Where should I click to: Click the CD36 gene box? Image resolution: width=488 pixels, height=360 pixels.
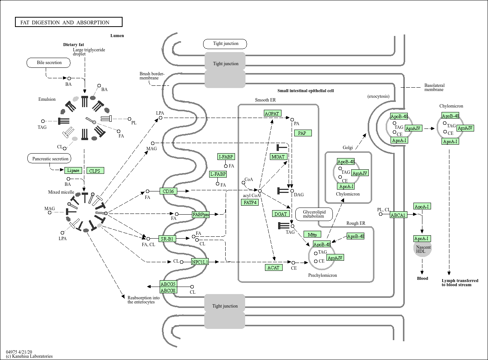pos(168,191)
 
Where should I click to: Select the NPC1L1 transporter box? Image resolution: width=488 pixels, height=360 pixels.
pos(200,262)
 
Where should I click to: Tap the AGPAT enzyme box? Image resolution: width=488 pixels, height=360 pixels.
pos(272,114)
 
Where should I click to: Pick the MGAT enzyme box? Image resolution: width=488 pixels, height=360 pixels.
pos(278,157)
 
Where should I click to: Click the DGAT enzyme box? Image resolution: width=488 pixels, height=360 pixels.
pos(280,214)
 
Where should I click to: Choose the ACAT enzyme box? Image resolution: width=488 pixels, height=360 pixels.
pos(274,267)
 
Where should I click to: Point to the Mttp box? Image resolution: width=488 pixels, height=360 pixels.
pos(312,235)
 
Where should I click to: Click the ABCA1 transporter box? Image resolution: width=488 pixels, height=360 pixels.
pos(398,215)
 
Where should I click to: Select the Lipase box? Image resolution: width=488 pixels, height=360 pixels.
pos(73,170)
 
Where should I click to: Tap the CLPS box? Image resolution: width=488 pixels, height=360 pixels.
pos(95,170)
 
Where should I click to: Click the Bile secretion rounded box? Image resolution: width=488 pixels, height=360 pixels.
pos(49,63)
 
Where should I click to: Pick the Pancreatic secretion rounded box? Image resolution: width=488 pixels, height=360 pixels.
pos(50,159)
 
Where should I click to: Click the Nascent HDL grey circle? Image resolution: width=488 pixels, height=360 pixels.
pos(422,249)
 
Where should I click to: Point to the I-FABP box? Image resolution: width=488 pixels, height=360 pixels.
pos(226,157)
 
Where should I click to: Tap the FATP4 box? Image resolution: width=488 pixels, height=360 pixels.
pos(250,202)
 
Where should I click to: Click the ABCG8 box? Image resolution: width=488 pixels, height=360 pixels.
pos(168,290)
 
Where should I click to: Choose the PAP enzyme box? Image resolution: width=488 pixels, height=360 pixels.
pos(302,133)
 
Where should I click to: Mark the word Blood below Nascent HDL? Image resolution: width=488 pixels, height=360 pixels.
pos(422,278)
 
